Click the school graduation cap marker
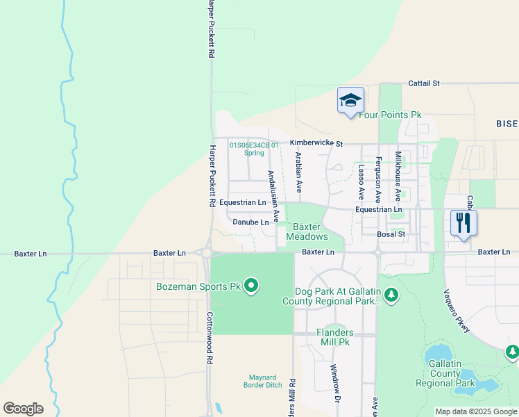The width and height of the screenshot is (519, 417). [350, 100]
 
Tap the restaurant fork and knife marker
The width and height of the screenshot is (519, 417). [463, 223]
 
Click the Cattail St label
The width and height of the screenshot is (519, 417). [424, 83]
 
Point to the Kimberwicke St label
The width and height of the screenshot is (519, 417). [316, 143]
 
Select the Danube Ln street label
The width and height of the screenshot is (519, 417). [250, 222]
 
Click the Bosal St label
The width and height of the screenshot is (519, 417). [391, 235]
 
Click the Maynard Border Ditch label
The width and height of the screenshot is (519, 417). [263, 381]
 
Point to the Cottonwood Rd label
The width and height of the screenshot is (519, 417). [208, 338]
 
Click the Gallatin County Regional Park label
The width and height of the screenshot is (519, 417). [445, 374]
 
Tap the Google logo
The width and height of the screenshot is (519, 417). [23, 409]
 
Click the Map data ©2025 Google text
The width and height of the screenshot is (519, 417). [476, 411]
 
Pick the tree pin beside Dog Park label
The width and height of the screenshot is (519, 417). [392, 296]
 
